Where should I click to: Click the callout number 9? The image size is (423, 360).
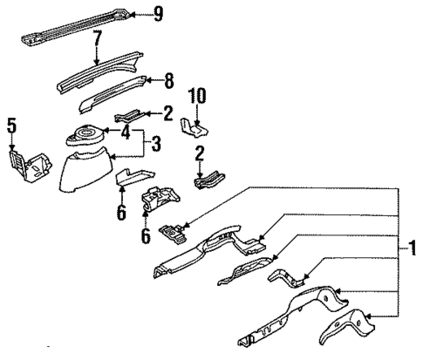[158, 12]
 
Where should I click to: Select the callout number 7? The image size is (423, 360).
[98, 37]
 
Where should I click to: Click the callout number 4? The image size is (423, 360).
[126, 133]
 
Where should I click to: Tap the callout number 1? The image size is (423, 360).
[411, 249]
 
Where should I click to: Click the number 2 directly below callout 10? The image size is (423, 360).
[201, 154]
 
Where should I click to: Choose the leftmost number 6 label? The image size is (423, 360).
[122, 212]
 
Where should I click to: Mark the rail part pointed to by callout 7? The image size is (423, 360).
[96, 73]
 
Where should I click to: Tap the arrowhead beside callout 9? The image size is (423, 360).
[135, 13]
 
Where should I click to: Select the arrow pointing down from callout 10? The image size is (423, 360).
[196, 115]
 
